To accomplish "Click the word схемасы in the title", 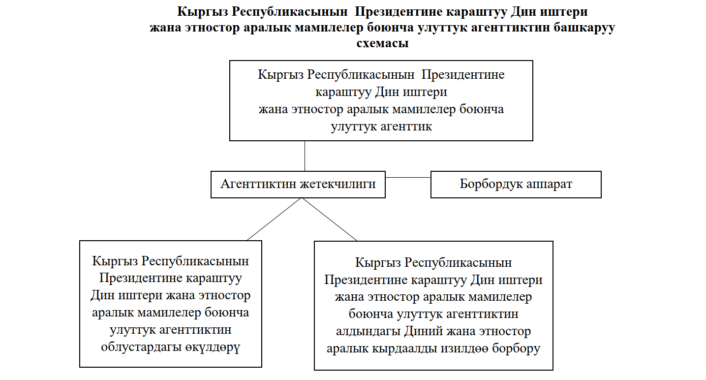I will tap(382, 43).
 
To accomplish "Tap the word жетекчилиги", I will tap(339, 184).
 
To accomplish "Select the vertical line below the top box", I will tap(305, 156).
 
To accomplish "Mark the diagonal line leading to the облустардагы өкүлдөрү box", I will tap(274, 220).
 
